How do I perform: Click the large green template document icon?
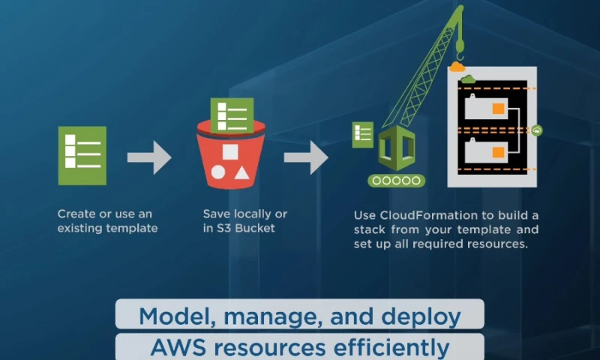point(82,155)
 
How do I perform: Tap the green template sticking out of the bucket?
point(232,115)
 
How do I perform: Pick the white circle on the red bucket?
point(218,172)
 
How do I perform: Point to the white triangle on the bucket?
point(241,172)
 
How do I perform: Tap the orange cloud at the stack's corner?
point(457,67)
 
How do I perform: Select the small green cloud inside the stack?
point(468,79)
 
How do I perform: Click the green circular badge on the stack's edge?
point(537,130)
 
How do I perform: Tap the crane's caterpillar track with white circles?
point(396,180)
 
